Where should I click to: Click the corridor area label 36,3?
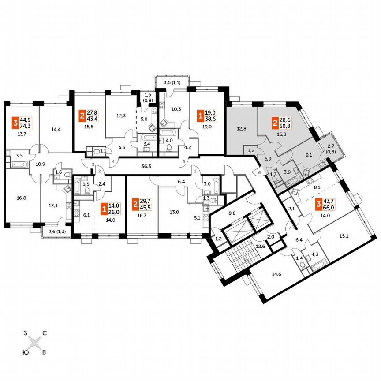click(139, 166)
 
